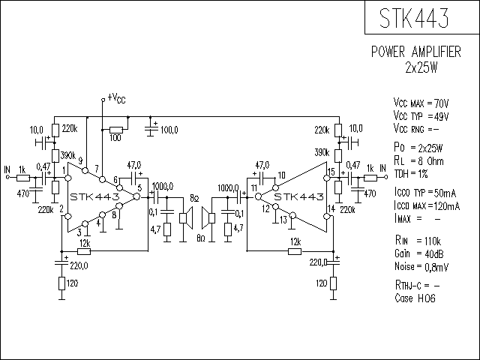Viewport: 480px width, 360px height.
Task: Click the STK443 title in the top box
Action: click(x=414, y=18)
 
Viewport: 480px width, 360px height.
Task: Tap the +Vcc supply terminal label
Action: click(x=116, y=98)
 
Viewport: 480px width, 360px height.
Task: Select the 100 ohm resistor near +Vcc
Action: click(x=116, y=130)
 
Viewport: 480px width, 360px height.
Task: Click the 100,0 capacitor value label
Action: click(x=169, y=130)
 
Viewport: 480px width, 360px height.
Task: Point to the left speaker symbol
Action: click(x=186, y=217)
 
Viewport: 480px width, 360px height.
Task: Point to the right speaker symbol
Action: click(x=208, y=217)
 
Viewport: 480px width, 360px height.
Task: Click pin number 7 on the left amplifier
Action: click(x=97, y=169)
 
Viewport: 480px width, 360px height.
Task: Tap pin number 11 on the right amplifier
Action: click(x=254, y=188)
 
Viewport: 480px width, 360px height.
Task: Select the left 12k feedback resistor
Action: click(x=83, y=251)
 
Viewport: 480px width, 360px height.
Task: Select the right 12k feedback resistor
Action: click(x=295, y=252)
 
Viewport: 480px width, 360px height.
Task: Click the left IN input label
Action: click(x=7, y=169)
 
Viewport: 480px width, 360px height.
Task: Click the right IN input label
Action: click(x=383, y=168)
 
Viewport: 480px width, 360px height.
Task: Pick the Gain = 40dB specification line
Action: click(x=419, y=253)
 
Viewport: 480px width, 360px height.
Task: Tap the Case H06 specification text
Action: click(x=415, y=298)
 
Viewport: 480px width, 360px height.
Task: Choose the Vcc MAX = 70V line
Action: click(x=421, y=103)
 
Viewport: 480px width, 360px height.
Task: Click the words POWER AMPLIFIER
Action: click(x=416, y=52)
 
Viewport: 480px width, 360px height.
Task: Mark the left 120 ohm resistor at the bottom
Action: click(x=61, y=283)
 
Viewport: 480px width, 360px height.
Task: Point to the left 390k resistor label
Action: click(x=68, y=155)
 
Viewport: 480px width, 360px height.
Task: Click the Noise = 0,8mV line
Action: click(x=421, y=267)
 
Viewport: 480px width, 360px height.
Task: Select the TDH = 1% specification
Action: click(x=411, y=174)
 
